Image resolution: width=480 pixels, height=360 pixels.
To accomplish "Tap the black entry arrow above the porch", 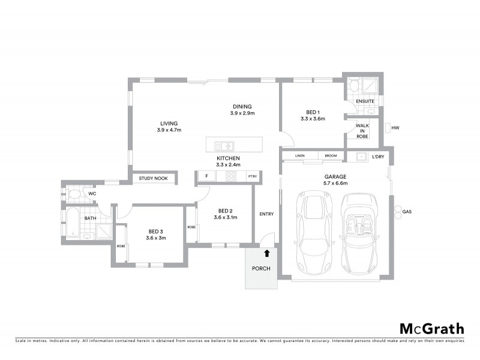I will click(267, 254).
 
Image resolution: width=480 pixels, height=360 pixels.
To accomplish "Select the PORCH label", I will click(261, 268).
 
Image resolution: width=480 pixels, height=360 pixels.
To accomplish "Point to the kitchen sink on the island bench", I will click(226, 145).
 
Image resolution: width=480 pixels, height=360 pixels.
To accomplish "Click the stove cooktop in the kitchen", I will click(230, 176).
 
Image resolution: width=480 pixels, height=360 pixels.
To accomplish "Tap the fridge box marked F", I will click(206, 176).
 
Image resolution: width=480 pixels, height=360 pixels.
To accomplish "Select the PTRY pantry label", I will click(251, 176).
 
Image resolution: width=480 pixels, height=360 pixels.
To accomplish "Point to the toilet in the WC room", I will click(74, 194).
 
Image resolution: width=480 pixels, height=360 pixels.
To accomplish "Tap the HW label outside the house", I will click(395, 128).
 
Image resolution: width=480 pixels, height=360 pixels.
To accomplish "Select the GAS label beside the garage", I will click(406, 212).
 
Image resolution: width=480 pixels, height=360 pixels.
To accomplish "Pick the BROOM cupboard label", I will click(331, 156).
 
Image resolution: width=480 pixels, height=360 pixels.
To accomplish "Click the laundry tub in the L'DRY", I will click(361, 157).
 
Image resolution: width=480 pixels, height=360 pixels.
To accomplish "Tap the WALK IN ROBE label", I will click(362, 131).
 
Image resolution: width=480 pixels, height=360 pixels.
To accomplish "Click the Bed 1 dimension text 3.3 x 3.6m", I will click(313, 119).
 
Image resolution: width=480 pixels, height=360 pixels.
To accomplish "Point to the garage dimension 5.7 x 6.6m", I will click(336, 183).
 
